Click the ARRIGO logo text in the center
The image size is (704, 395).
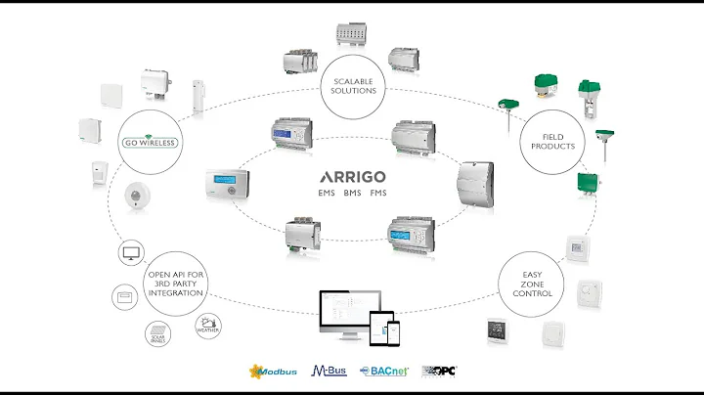(352, 177)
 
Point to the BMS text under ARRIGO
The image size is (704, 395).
(353, 194)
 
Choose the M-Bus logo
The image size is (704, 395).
(329, 372)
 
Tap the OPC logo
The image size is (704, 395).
(440, 372)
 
